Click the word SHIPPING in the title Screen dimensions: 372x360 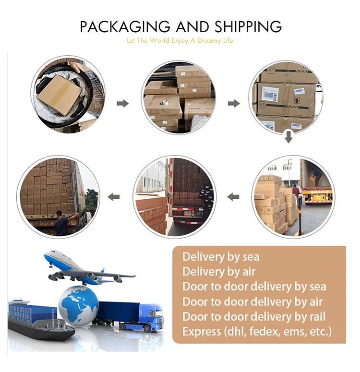click(x=248, y=26)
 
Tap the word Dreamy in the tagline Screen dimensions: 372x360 click(x=209, y=41)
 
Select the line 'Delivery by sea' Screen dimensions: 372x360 click(x=220, y=257)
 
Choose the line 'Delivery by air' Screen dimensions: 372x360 click(x=218, y=272)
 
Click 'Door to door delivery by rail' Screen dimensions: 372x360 click(x=253, y=317)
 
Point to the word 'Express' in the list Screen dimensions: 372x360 click(x=202, y=332)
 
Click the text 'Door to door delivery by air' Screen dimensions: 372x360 click(x=252, y=302)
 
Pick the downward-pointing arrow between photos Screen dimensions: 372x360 click(x=288, y=137)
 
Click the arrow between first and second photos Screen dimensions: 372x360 click(x=123, y=103)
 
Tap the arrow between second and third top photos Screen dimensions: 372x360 click(x=234, y=103)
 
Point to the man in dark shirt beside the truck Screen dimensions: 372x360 click(x=61, y=223)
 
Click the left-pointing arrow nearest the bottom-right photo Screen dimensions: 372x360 click(x=233, y=196)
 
